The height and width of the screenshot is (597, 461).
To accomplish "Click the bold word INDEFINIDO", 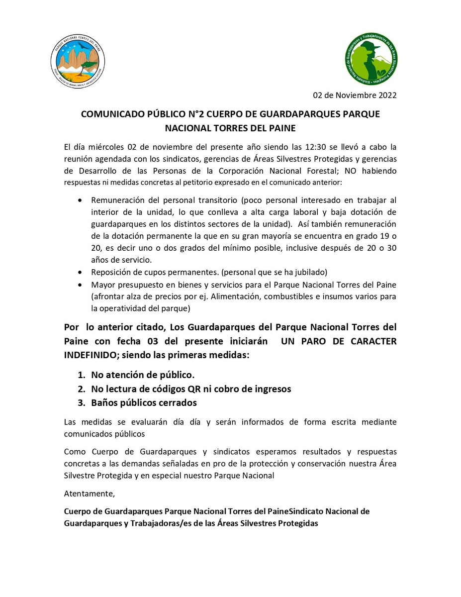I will click(x=90, y=356).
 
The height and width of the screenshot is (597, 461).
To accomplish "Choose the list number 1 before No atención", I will click(x=81, y=375).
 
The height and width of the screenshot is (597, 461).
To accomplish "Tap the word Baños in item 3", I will click(x=104, y=402).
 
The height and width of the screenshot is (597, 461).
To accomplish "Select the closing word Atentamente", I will click(x=90, y=494).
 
